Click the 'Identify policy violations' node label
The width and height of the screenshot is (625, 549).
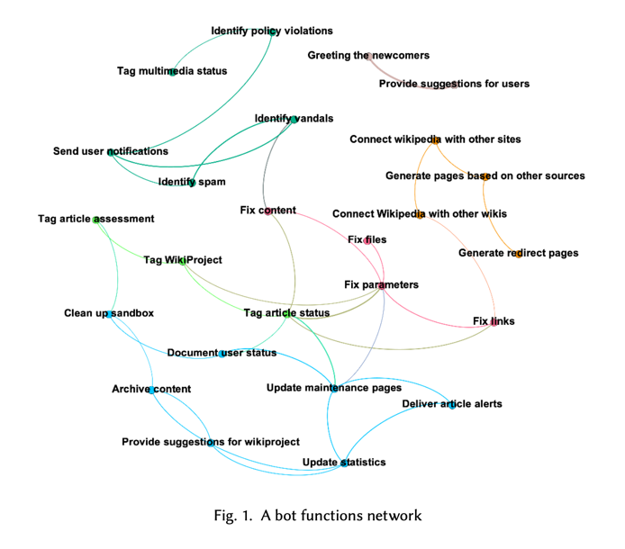(272, 31)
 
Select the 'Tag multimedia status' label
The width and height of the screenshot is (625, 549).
(172, 71)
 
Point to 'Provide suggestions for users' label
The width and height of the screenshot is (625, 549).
(454, 84)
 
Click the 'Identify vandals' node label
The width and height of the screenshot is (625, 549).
(294, 118)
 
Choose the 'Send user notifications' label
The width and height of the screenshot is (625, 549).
(111, 151)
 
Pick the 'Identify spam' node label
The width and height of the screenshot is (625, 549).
(192, 182)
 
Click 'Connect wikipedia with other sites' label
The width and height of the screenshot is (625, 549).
(435, 139)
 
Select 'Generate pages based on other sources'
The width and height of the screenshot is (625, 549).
(485, 175)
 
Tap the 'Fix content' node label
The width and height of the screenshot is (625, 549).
(268, 211)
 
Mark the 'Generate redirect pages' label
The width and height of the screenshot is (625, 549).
(519, 253)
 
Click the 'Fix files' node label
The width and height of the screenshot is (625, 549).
(367, 239)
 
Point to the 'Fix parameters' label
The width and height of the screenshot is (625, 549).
(381, 284)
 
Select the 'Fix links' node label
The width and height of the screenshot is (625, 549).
(494, 320)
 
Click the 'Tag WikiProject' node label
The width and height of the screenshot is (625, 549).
(183, 260)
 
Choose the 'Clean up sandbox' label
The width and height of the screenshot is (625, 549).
(109, 313)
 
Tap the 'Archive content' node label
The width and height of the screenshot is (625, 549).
(151, 389)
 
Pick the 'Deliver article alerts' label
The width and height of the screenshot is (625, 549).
(451, 404)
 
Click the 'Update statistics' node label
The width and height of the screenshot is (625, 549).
(344, 462)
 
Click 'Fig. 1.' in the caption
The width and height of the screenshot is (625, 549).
(232, 516)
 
